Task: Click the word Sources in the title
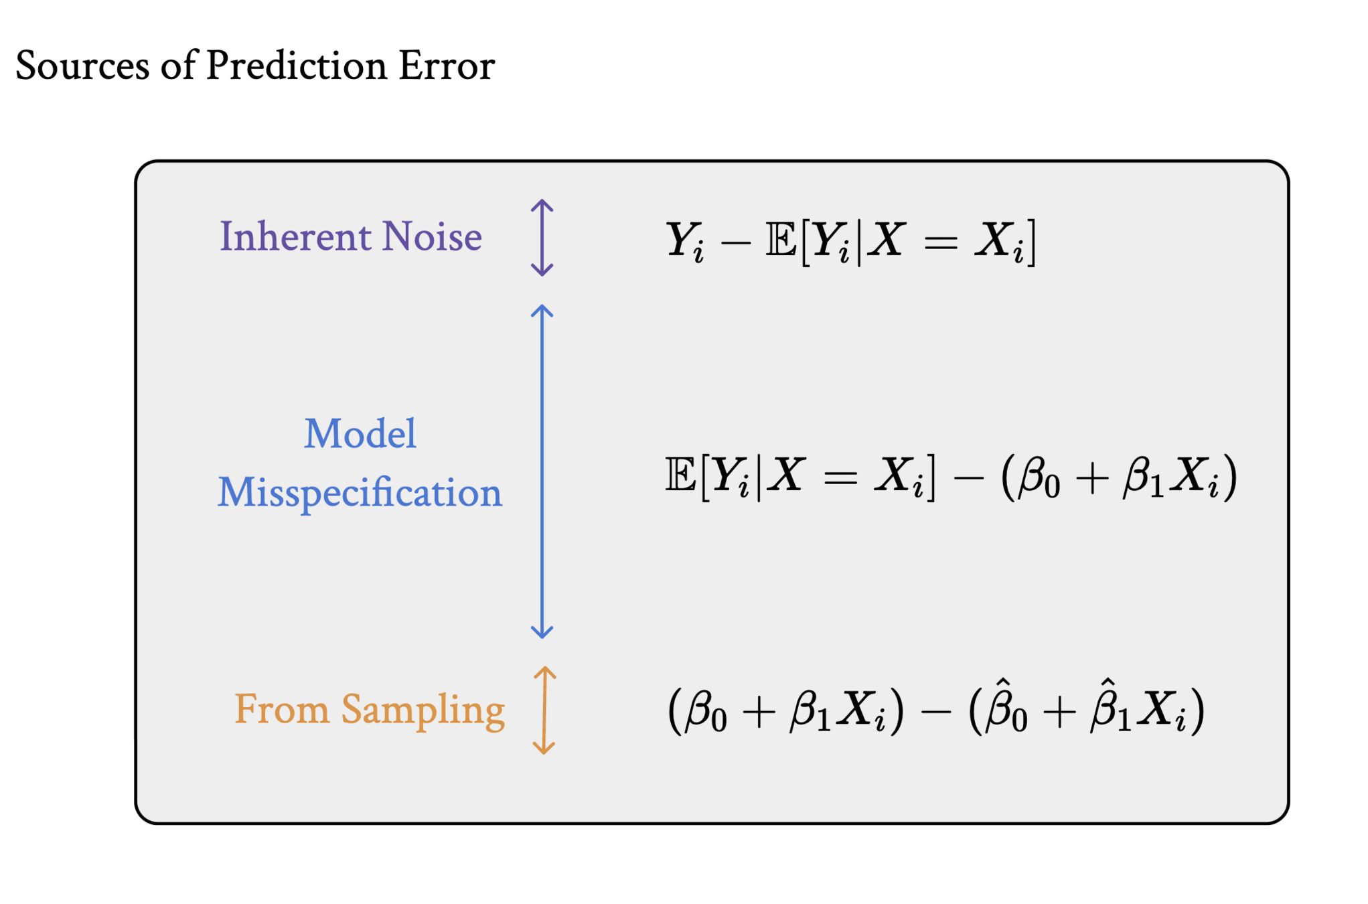pyautogui.click(x=82, y=66)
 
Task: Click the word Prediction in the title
pyautogui.click(x=296, y=66)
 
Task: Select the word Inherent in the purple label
pyautogui.click(x=296, y=237)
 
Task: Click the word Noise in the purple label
pyautogui.click(x=431, y=237)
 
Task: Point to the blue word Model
pyautogui.click(x=360, y=434)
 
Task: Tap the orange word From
pyautogui.click(x=281, y=709)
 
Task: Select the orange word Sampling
pyautogui.click(x=423, y=710)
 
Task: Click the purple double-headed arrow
pyautogui.click(x=542, y=238)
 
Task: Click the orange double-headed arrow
pyautogui.click(x=544, y=710)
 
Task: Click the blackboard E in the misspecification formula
pyautogui.click(x=680, y=475)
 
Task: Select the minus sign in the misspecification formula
pyautogui.click(x=968, y=477)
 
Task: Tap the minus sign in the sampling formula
pyautogui.click(x=935, y=712)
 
